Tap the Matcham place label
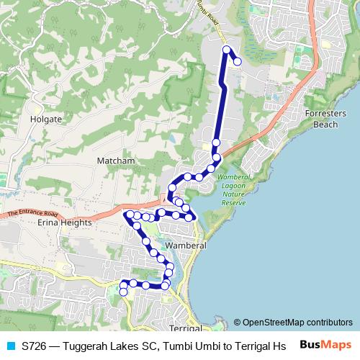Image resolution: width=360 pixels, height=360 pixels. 116,161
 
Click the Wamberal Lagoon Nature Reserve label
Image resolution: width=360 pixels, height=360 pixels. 233,190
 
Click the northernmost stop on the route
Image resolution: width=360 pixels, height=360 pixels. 227,50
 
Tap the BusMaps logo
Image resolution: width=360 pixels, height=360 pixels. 325,345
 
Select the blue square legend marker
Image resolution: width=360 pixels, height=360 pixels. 10,346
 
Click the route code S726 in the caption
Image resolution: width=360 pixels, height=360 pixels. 35,346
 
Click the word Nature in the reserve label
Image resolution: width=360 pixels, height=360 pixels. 233,194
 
